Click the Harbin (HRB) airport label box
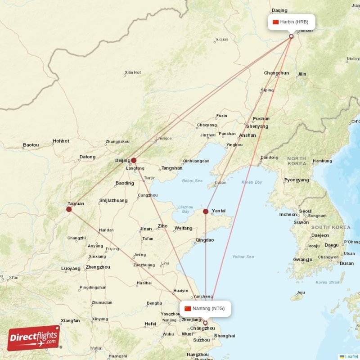click(x=291, y=22)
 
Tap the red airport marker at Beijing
click(x=134, y=160)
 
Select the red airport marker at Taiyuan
click(x=69, y=209)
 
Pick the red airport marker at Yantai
click(x=206, y=211)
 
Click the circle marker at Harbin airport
click(x=291, y=36)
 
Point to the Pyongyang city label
click(x=297, y=180)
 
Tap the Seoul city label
click(x=305, y=211)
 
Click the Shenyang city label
click(x=257, y=126)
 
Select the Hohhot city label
click(x=61, y=141)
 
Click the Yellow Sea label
click(x=243, y=257)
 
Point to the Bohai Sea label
click(x=192, y=181)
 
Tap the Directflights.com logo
click(x=34, y=337)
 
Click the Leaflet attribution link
click(x=351, y=356)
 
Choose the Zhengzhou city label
click(x=98, y=267)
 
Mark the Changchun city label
click(x=276, y=73)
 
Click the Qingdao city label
click(x=205, y=240)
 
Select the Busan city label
click(x=346, y=263)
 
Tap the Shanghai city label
click(x=225, y=336)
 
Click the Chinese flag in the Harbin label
click(x=276, y=22)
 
